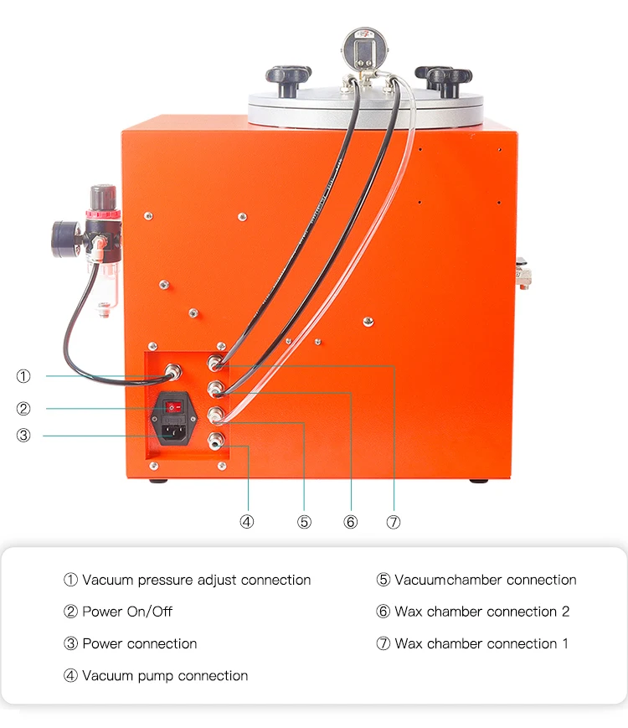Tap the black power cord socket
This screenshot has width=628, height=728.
[174, 433]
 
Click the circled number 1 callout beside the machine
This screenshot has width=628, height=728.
[23, 375]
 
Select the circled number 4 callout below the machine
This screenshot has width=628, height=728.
[246, 522]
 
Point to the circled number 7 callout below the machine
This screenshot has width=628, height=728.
[394, 522]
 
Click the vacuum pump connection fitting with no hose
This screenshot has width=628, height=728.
[216, 440]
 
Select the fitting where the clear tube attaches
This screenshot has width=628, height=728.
[215, 415]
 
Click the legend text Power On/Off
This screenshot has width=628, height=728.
[127, 612]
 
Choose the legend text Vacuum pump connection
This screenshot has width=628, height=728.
[165, 675]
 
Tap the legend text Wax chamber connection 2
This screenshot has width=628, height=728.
[481, 612]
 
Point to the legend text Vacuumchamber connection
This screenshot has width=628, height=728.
[486, 580]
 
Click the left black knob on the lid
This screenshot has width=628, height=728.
[288, 80]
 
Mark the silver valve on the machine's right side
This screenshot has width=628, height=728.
[523, 273]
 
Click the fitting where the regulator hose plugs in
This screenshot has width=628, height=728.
[172, 372]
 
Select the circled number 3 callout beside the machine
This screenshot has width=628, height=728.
[23, 435]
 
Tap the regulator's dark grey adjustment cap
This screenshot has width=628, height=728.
[103, 198]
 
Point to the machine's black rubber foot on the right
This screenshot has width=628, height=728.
[479, 481]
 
